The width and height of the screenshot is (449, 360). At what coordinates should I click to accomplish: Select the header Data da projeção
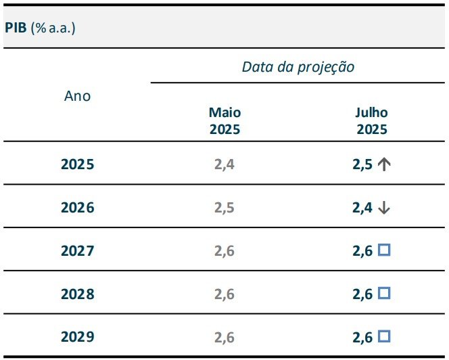click(298, 67)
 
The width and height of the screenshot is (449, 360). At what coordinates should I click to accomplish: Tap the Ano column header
click(77, 96)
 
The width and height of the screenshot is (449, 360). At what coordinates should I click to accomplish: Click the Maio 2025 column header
click(224, 121)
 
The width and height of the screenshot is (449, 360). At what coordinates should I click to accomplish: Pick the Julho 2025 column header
click(371, 121)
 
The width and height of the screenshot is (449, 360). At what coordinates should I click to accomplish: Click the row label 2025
click(77, 164)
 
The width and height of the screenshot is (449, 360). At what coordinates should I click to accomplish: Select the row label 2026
click(77, 208)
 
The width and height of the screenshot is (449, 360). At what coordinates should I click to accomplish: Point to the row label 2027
click(77, 251)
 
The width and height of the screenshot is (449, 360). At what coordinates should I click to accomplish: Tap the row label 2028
click(77, 294)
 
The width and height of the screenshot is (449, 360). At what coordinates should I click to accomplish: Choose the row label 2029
click(77, 337)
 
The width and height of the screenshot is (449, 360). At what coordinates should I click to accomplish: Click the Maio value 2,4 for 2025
click(224, 164)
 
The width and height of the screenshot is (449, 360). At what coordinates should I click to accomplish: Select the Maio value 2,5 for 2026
click(224, 208)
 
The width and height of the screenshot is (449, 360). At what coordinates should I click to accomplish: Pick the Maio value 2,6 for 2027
click(224, 251)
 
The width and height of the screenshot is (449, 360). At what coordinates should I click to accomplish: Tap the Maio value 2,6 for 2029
click(224, 337)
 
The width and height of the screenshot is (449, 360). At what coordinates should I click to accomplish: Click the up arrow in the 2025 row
click(384, 164)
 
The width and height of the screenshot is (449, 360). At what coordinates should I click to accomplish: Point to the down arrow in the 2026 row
click(384, 208)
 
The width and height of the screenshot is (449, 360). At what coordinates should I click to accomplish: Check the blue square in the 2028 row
click(384, 294)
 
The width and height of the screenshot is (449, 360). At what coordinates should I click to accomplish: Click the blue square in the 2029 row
click(384, 336)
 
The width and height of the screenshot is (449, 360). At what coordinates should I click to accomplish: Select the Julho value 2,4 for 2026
click(362, 208)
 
